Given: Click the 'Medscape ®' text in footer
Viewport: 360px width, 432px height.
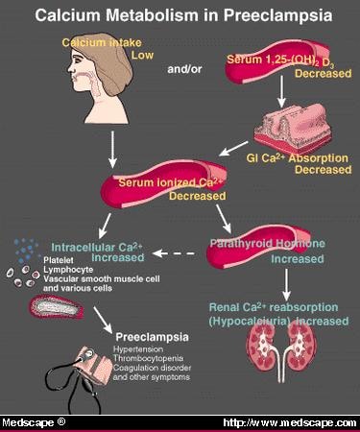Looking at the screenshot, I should [34, 422].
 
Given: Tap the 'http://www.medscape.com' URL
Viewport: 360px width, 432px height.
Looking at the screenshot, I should [288, 422].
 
